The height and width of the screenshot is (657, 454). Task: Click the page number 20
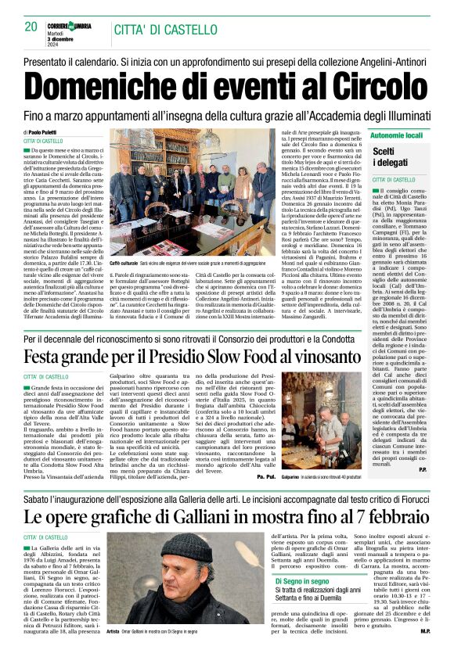(31, 26)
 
